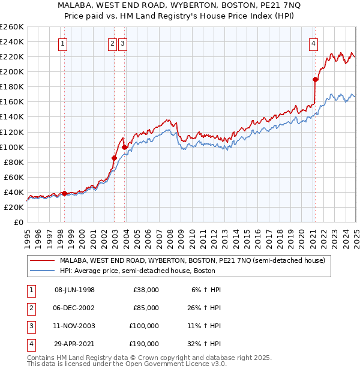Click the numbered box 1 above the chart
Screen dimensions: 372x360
tap(63, 43)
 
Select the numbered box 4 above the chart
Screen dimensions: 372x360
tap(314, 43)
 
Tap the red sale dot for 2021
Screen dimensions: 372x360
tap(315, 79)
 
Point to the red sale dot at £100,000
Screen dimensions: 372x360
tap(124, 146)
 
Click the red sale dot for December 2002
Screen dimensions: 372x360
tap(114, 158)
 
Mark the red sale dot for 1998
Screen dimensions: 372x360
tap(64, 193)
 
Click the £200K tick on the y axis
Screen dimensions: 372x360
tap(11, 71)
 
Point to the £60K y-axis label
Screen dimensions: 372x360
tap(13, 177)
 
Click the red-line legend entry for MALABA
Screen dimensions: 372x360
tap(192, 260)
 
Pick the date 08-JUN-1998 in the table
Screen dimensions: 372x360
tap(74, 290)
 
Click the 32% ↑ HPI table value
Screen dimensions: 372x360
tap(206, 344)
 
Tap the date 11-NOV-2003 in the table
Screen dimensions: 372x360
tap(74, 326)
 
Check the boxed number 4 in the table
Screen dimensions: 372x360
tap(31, 344)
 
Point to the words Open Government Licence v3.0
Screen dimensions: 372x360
tap(178, 364)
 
